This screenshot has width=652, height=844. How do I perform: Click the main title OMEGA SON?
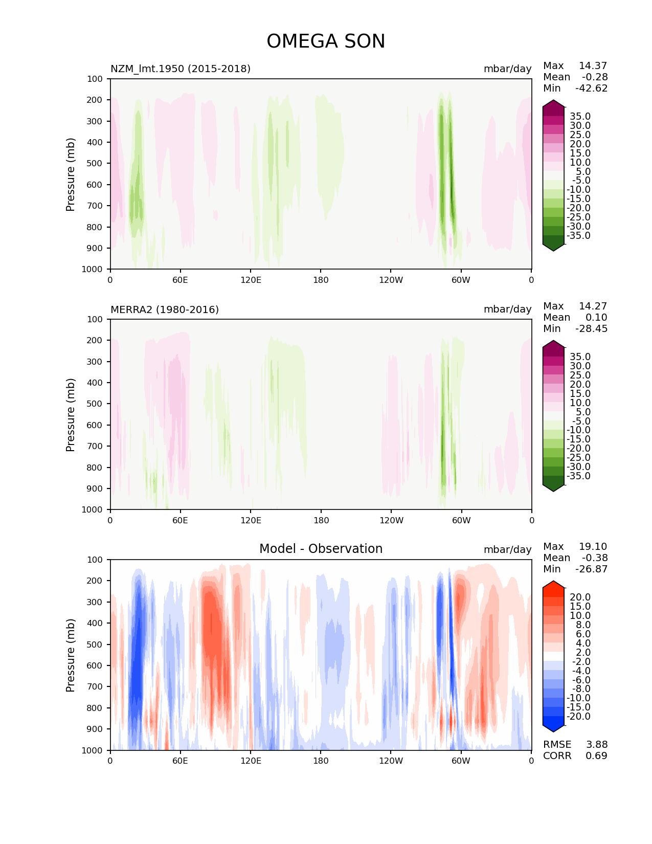click(x=326, y=41)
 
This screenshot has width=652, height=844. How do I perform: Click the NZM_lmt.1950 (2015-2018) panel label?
click(x=181, y=69)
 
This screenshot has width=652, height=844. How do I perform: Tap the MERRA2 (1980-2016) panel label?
click(x=165, y=309)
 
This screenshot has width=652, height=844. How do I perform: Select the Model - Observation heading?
click(x=321, y=549)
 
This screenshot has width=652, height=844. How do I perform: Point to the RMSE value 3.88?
click(x=596, y=745)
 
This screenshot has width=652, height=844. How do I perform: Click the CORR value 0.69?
click(x=596, y=756)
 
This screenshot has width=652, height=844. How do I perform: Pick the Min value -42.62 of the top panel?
click(x=591, y=88)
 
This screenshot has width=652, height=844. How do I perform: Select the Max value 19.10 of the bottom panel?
click(x=593, y=547)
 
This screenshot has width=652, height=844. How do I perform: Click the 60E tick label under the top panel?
click(x=180, y=280)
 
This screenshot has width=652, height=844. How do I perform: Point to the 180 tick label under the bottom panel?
click(x=321, y=761)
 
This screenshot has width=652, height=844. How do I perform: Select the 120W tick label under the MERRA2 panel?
click(x=391, y=521)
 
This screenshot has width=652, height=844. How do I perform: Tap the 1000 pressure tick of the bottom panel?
click(x=92, y=750)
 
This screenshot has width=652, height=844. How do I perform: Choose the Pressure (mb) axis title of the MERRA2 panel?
click(x=71, y=415)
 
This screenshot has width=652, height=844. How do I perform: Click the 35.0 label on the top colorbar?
click(x=580, y=117)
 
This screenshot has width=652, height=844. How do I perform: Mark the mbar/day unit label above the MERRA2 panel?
click(x=507, y=309)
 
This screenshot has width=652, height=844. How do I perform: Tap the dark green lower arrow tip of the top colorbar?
click(x=553, y=248)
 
